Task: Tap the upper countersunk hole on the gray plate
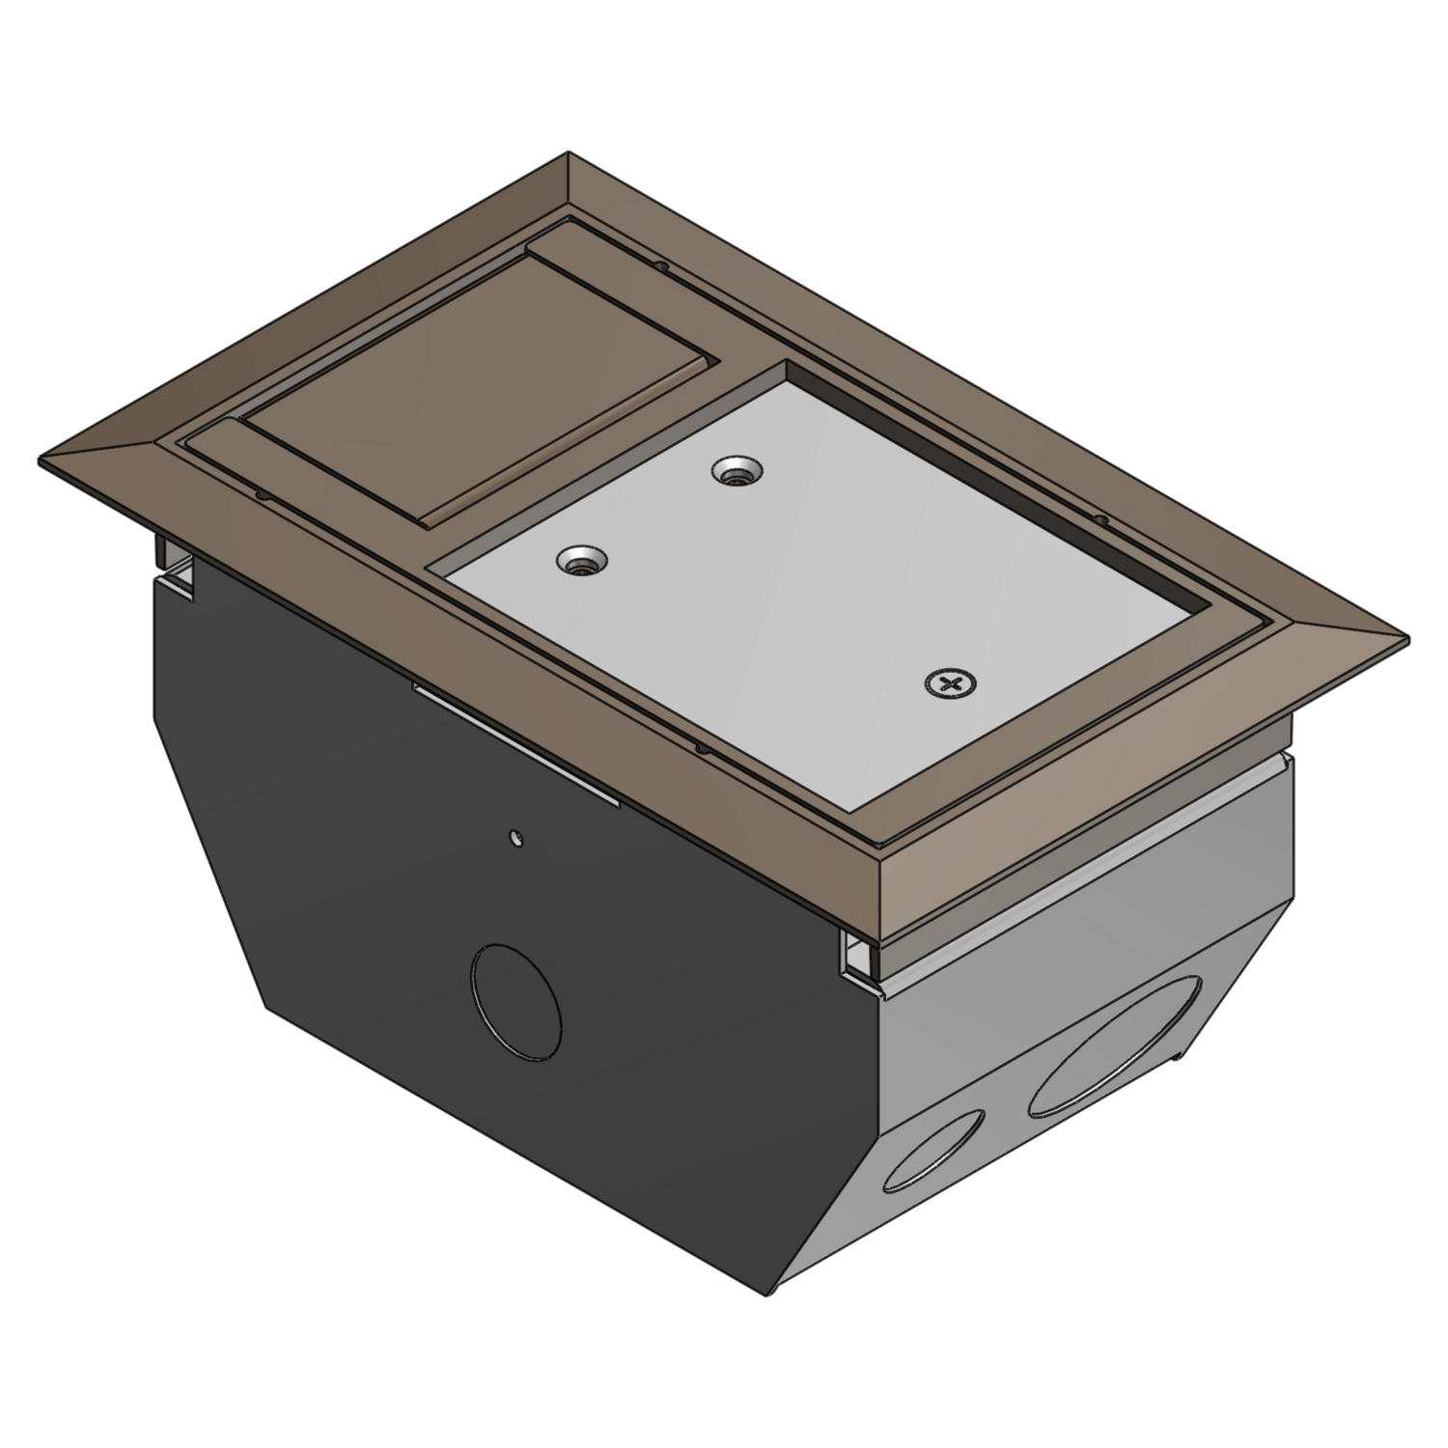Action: coord(736,472)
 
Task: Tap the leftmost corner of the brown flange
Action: coord(41,459)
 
